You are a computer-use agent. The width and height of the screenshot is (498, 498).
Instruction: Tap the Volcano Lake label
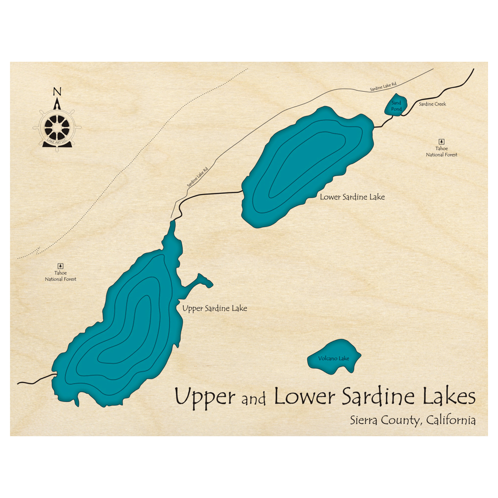[334, 359]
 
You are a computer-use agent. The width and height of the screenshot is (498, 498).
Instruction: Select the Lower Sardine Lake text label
[352, 197]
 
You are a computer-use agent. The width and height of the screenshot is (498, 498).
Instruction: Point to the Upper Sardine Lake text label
[215, 309]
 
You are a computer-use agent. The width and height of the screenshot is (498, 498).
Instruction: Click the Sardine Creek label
[432, 104]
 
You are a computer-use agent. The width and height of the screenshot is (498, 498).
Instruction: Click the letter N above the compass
[57, 92]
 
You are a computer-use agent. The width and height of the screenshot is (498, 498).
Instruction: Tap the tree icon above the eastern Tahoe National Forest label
[441, 141]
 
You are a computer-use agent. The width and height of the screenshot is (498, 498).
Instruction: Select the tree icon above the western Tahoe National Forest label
[61, 266]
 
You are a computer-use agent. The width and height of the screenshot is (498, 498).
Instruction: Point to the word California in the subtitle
[450, 420]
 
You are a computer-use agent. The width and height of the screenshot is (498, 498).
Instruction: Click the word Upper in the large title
[205, 397]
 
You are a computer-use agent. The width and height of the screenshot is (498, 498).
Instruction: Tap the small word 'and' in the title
[254, 399]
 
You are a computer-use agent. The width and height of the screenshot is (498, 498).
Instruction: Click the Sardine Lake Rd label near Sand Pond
[382, 88]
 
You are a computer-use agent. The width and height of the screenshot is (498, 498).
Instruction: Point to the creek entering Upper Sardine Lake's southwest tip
[35, 380]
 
